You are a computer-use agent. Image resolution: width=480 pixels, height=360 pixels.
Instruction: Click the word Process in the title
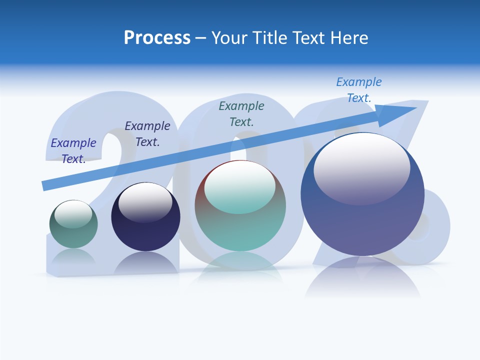tap(157, 38)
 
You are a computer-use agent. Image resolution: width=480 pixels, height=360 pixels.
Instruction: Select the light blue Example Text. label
tap(358, 90)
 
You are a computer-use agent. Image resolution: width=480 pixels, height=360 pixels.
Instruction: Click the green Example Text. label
tap(241, 113)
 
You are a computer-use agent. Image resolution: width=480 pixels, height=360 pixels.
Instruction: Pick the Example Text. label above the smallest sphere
tap(73, 150)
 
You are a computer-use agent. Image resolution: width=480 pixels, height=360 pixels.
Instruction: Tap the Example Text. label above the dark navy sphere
tap(147, 133)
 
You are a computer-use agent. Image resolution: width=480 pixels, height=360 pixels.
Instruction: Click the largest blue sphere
tap(362, 220)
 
